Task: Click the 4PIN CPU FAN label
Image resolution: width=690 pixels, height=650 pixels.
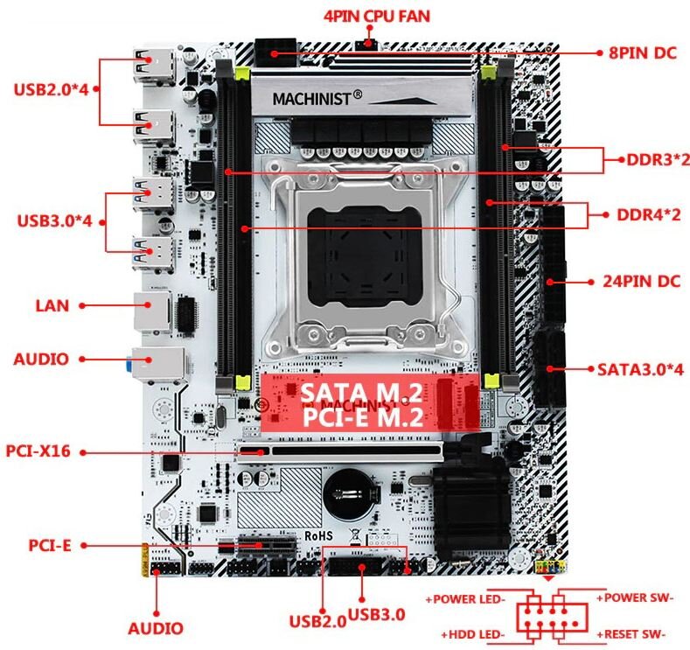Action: pyautogui.click(x=376, y=17)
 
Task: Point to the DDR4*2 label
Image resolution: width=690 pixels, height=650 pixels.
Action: pyautogui.click(x=648, y=214)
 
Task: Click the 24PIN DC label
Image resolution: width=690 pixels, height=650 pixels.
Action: pyautogui.click(x=641, y=282)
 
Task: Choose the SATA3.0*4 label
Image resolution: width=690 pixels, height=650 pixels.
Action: pyautogui.click(x=641, y=369)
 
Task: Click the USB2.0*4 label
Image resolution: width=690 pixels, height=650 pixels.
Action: pyautogui.click(x=52, y=88)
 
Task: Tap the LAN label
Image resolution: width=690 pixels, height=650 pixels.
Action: pyautogui.click(x=52, y=305)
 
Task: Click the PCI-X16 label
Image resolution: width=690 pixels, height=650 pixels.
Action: pyautogui.click(x=44, y=451)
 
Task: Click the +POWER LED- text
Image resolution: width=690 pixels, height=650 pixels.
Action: pyautogui.click(x=465, y=599)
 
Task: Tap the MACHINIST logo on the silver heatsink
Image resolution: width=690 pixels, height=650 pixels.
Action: pyautogui.click(x=323, y=97)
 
